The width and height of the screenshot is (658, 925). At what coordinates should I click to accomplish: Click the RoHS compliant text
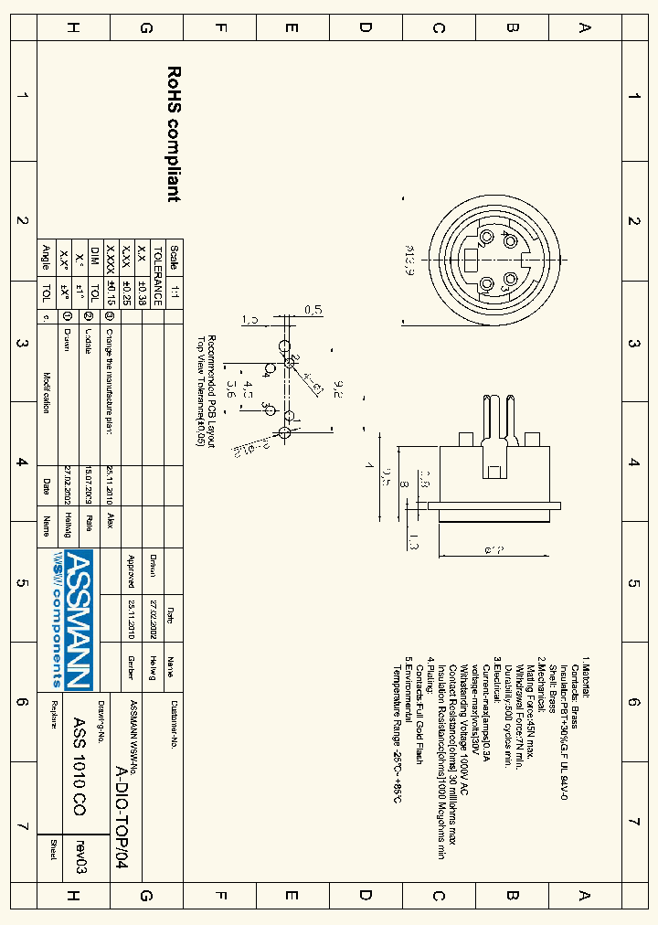[174, 133]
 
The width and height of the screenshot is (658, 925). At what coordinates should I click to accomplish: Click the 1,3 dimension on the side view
[414, 542]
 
